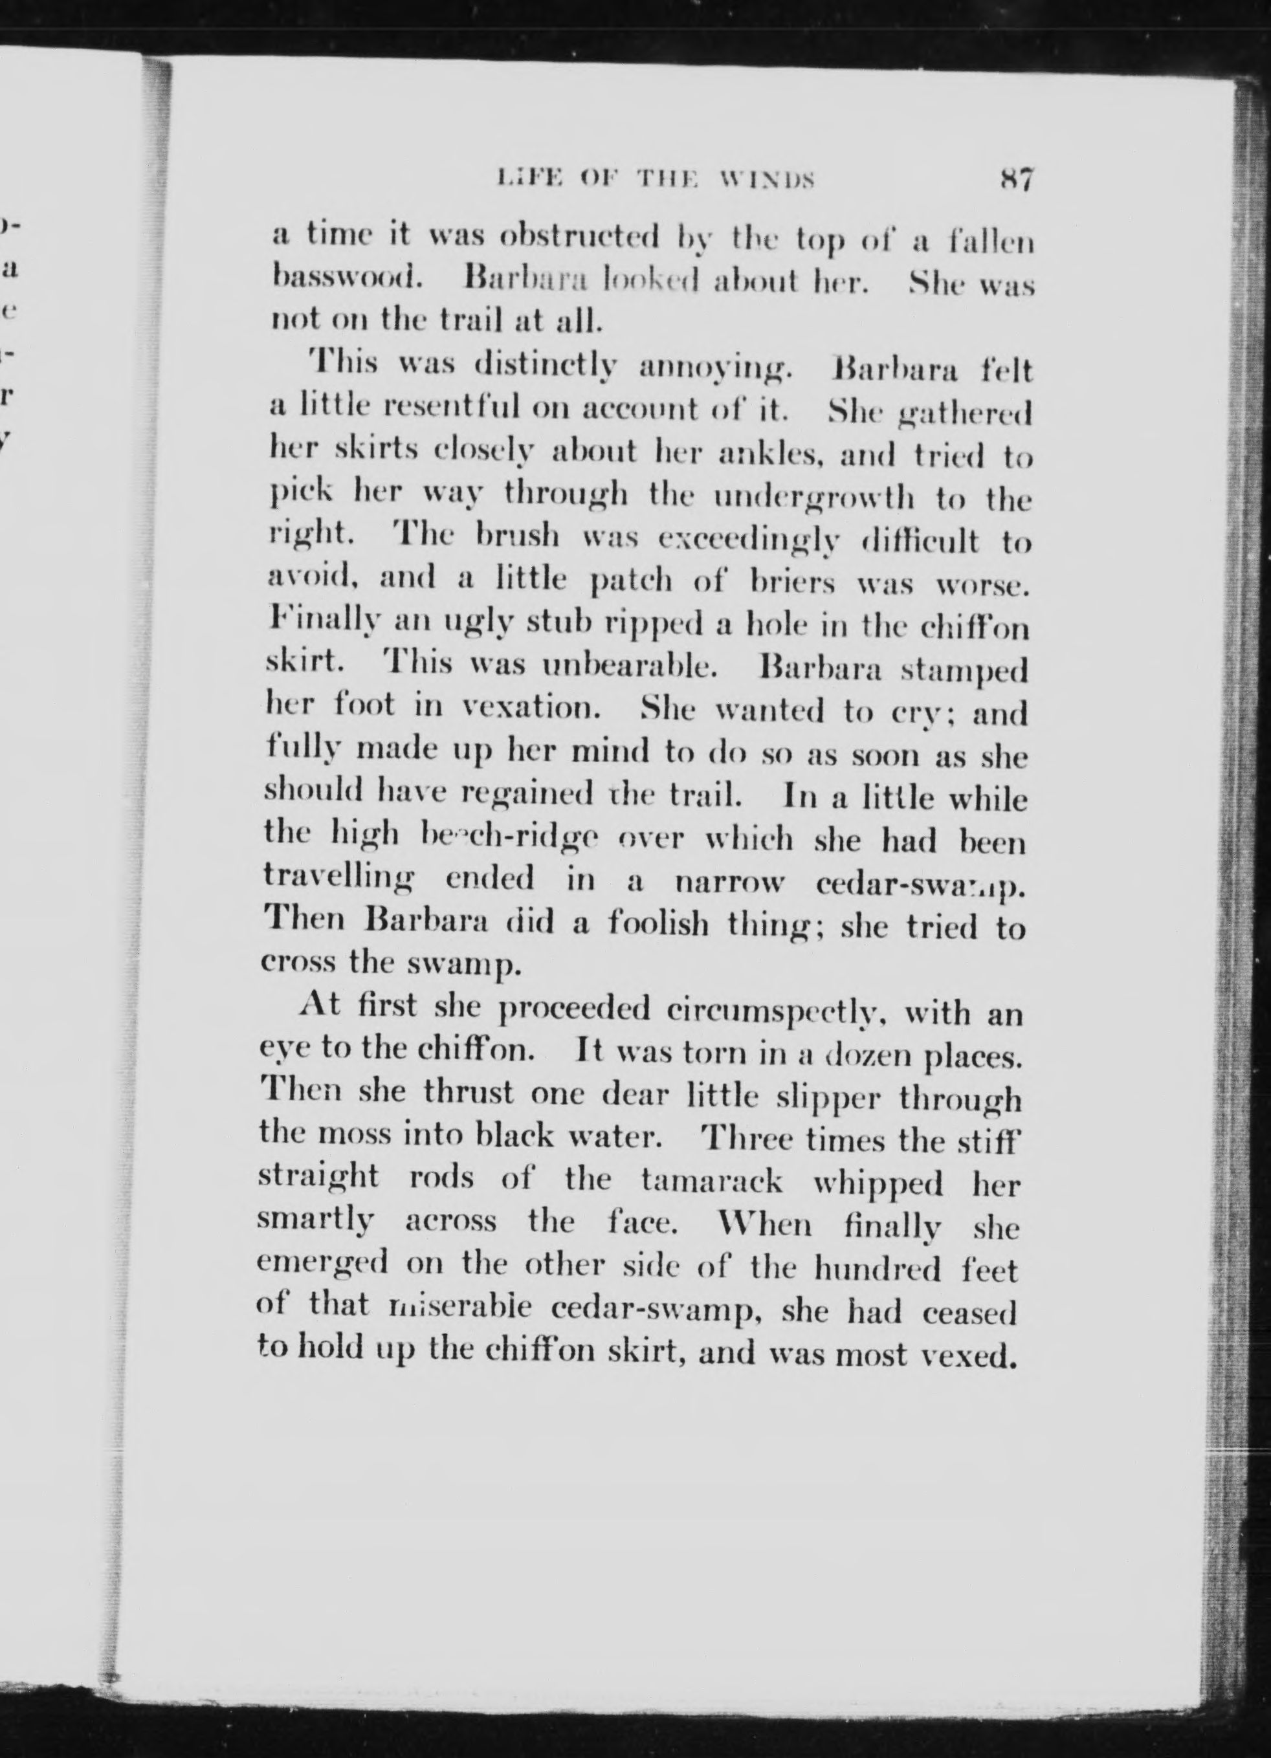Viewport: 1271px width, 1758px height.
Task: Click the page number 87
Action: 1014,181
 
